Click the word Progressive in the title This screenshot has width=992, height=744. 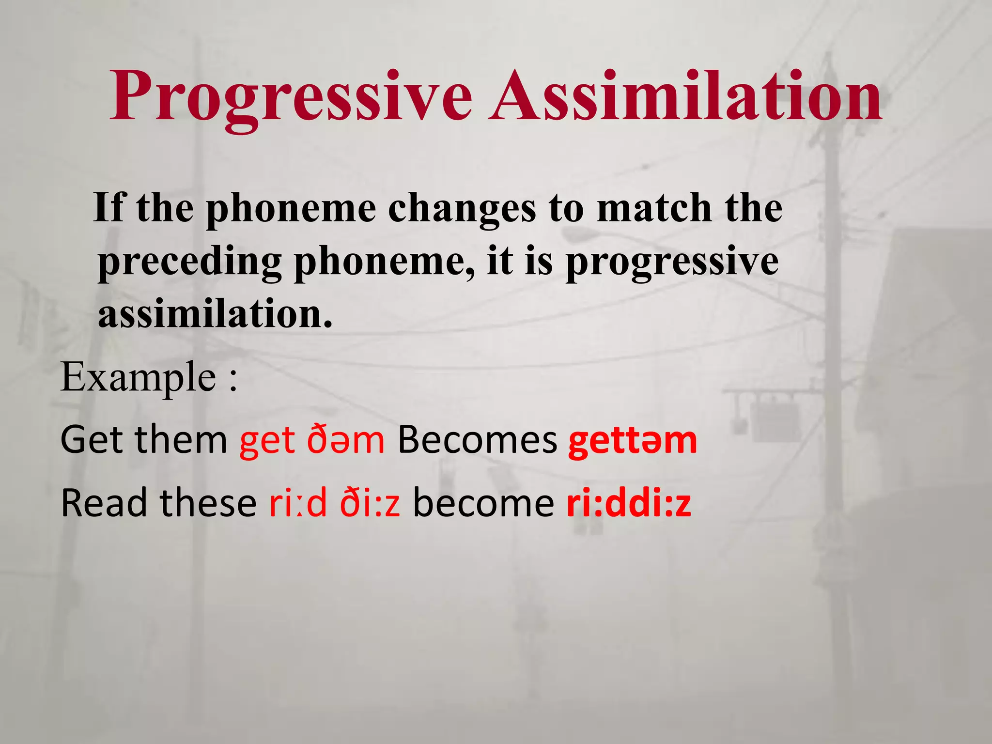pos(291,97)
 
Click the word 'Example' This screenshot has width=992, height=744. pos(139,378)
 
